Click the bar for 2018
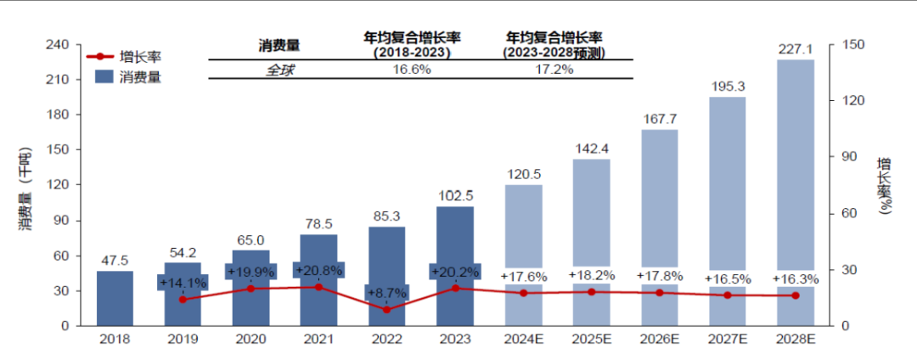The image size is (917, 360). pyautogui.click(x=115, y=298)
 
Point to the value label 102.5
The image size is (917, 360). pyautogui.click(x=455, y=195)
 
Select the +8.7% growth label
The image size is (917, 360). pyautogui.click(x=387, y=291)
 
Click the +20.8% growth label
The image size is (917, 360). pyautogui.click(x=318, y=270)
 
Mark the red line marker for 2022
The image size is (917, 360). pyautogui.click(x=387, y=310)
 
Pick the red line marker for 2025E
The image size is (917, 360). pyautogui.click(x=592, y=292)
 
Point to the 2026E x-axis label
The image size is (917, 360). pyautogui.click(x=660, y=339)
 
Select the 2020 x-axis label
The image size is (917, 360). pyautogui.click(x=250, y=339)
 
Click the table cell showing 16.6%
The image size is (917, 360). pyautogui.click(x=412, y=70)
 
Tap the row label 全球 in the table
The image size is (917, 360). pyautogui.click(x=279, y=70)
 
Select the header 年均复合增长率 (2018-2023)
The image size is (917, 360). pyautogui.click(x=412, y=44)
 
